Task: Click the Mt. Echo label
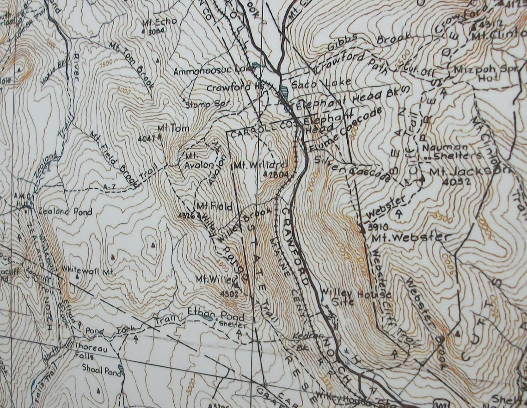coord(154,22)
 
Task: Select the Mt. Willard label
coord(261,164)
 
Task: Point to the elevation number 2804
coord(273,174)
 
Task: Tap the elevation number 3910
coord(378,227)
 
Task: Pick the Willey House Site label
coord(356,298)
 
